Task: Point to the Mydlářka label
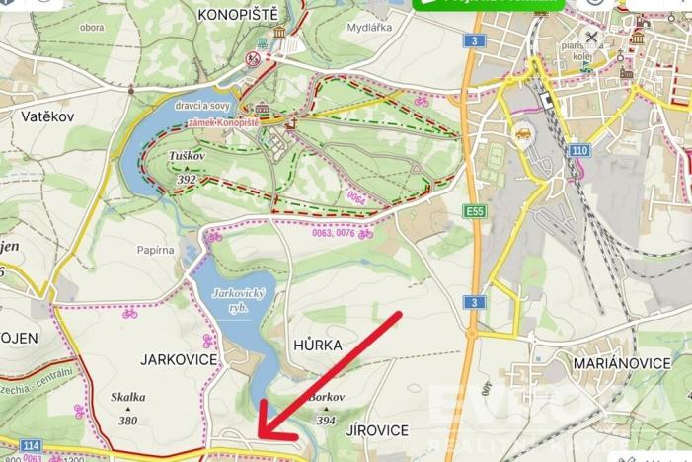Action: [x=369, y=27]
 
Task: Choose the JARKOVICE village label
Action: [x=179, y=359]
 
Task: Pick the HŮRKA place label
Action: [x=318, y=346]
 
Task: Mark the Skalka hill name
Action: [x=129, y=397]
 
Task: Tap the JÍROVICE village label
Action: [x=377, y=430]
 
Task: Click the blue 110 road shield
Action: [x=578, y=150]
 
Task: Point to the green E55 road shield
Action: [x=474, y=210]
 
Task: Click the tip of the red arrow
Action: [x=259, y=437]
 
